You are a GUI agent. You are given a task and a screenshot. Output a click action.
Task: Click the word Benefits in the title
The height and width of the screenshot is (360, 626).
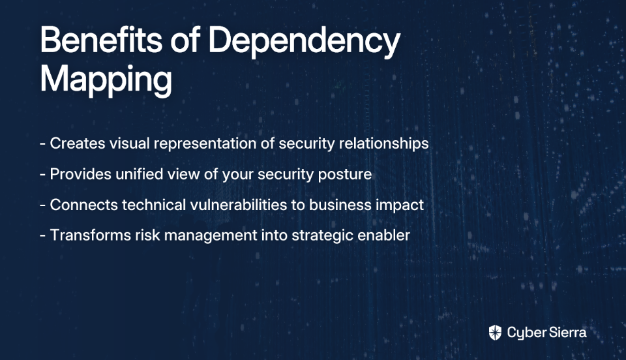101,40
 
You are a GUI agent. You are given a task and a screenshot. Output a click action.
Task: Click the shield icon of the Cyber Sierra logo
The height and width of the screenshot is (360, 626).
495,333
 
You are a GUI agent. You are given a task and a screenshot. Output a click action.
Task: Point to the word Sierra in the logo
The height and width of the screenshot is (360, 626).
567,332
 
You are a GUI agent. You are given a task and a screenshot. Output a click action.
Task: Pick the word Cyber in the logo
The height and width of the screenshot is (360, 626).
526,333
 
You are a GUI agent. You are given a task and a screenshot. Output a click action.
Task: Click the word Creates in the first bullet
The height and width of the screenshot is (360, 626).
78,143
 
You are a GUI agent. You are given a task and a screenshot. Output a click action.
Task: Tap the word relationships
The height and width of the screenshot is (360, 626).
383,144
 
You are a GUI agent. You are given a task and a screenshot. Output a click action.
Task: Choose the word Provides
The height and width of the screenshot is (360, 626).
81,174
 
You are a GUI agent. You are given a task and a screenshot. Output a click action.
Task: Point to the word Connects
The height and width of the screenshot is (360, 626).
84,205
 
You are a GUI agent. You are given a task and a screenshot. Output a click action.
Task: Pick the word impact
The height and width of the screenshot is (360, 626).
400,205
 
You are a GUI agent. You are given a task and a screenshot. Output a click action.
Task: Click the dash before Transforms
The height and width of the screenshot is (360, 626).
43,235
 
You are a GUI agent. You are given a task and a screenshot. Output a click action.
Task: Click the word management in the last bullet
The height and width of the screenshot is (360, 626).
211,236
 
